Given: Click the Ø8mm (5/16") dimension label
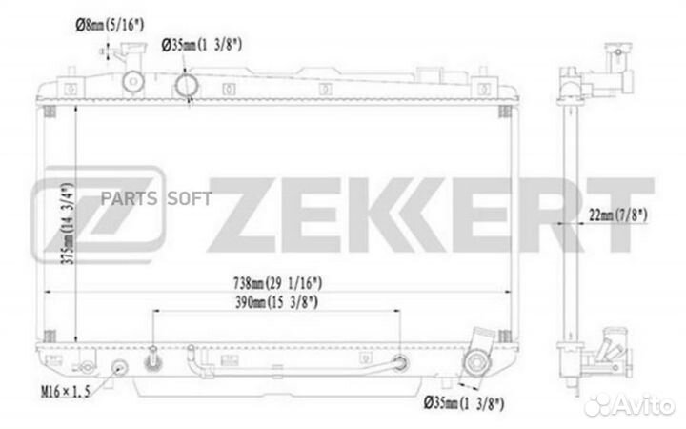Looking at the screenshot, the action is coord(110,26).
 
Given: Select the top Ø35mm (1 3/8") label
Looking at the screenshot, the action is coord(202,45).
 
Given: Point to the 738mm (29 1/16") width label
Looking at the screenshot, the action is coord(277,283).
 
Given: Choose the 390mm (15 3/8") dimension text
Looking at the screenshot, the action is coord(276,302).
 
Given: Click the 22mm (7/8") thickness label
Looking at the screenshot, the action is coord(617,214).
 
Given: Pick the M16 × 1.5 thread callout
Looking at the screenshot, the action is coord(65,392).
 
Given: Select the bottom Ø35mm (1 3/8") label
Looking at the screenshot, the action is coord(464,402).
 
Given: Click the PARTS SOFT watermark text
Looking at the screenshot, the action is coord(156,198).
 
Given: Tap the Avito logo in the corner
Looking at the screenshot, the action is coord(629,405).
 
